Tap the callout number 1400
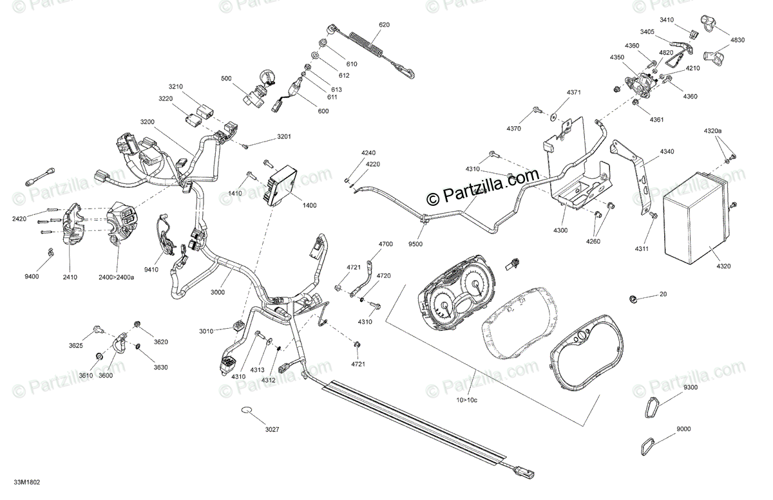(x=309, y=205)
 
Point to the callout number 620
(x=384, y=24)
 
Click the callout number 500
(x=226, y=79)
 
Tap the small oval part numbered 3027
(x=248, y=410)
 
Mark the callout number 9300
(x=690, y=387)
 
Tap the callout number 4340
(x=667, y=152)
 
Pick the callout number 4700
(x=385, y=245)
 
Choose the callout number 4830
(x=737, y=40)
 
